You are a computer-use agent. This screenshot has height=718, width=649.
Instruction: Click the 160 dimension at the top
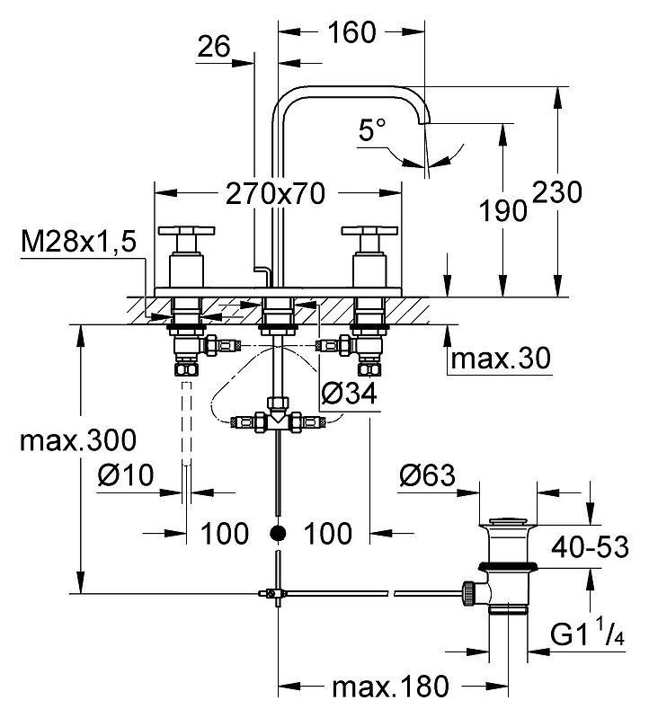click(351, 32)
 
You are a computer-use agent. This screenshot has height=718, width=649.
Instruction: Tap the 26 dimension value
click(213, 47)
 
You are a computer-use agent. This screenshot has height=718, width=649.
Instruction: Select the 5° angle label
click(372, 129)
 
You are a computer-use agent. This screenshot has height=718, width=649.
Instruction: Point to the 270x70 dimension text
click(276, 194)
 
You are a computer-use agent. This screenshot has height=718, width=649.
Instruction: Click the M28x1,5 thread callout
click(79, 242)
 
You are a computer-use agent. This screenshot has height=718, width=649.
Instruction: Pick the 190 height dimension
click(502, 211)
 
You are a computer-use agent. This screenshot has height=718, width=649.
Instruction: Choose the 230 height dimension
click(557, 192)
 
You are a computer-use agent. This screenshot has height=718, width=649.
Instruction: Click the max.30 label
click(501, 358)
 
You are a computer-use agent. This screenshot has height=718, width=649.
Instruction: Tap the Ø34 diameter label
click(349, 394)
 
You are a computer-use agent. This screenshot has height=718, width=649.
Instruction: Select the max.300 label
click(78, 440)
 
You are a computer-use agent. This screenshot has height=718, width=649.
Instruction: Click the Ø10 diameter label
click(126, 474)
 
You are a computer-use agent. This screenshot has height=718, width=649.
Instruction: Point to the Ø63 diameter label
click(427, 474)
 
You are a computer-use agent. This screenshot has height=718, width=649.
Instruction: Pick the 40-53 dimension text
click(590, 547)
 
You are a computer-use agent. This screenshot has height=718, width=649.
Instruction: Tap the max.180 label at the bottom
click(391, 687)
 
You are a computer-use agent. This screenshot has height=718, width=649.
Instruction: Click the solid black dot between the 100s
click(278, 533)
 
